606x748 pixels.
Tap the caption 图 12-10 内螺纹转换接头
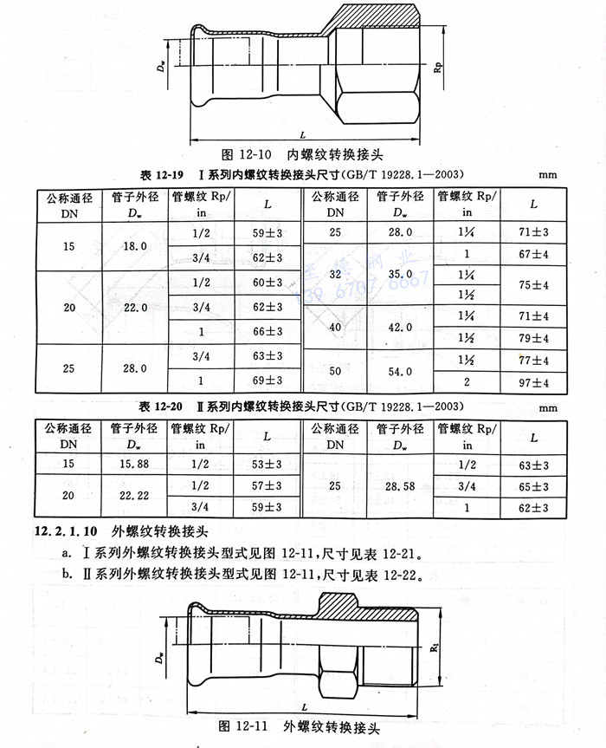302,154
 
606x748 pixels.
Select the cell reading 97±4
534,382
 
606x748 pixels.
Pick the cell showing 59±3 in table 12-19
268,234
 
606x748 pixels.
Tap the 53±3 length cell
268,464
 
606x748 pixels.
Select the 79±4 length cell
534,337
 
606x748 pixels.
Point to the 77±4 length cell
534,360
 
